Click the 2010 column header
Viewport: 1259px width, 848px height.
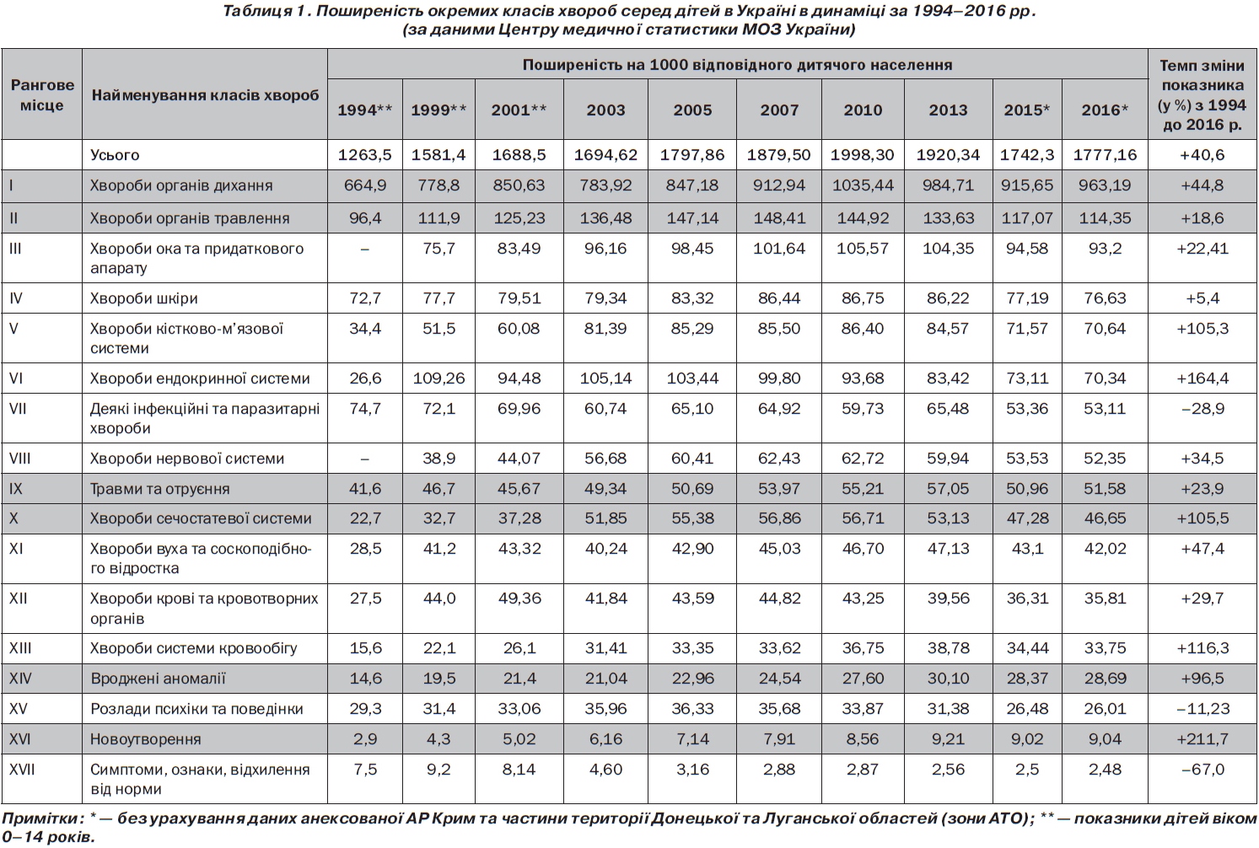[x=863, y=110]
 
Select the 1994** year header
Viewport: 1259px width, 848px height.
[x=365, y=110]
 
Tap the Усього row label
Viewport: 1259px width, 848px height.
[x=115, y=154]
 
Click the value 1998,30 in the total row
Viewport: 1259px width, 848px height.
[x=863, y=154]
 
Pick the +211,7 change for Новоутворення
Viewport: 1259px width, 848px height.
[x=1203, y=738]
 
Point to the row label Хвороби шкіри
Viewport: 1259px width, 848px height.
[x=144, y=298]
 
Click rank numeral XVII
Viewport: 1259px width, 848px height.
[x=22, y=769]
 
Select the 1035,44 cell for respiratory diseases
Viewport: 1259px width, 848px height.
[x=863, y=185]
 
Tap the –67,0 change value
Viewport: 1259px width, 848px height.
[x=1203, y=769]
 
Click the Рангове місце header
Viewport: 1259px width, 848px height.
[x=42, y=94]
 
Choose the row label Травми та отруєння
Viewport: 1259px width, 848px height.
[x=160, y=488]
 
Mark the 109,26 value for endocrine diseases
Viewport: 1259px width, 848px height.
[x=439, y=378]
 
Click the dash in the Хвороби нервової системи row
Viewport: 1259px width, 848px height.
[x=365, y=459]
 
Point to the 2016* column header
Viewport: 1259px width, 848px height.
[x=1105, y=110]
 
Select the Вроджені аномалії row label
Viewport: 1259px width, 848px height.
[x=158, y=679]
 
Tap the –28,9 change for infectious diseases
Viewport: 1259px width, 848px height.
[x=1203, y=408]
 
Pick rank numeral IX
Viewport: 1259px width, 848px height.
[x=16, y=488]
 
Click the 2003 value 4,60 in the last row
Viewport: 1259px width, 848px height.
[x=606, y=769]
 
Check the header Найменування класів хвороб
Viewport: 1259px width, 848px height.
[x=205, y=94]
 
